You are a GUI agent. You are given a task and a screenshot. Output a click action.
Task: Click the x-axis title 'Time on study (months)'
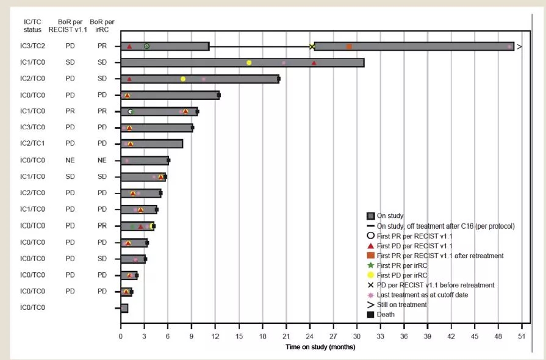click(x=320, y=347)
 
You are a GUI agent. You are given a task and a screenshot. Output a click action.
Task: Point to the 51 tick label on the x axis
click(x=522, y=336)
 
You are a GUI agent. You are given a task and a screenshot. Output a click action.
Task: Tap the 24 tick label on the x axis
click(x=309, y=336)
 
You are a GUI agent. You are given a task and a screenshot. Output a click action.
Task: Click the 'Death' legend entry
click(x=386, y=314)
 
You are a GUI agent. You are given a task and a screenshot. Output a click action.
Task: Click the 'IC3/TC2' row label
click(x=28, y=46)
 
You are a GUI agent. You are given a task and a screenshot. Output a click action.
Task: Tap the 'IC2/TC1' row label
click(x=28, y=144)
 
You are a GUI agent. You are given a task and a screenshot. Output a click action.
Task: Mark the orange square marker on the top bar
click(x=349, y=46)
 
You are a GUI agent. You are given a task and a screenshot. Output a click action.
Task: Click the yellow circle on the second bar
click(x=249, y=62)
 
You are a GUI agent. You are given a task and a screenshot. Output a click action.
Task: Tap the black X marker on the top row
click(x=312, y=46)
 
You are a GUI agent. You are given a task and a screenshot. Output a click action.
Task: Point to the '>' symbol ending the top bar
click(x=519, y=46)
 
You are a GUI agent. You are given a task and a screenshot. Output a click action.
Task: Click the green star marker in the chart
click(x=132, y=226)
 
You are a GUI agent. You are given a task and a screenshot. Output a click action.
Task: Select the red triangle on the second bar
click(x=314, y=62)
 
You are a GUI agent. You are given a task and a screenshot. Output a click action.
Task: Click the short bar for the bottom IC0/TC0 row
click(x=124, y=308)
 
